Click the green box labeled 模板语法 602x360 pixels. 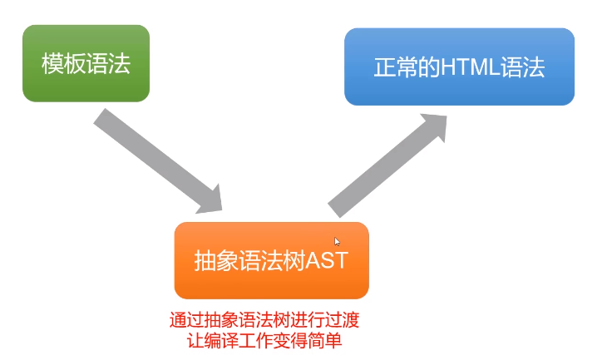click(86, 63)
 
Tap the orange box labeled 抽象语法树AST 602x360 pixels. click(271, 260)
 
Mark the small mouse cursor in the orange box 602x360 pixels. click(337, 242)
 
